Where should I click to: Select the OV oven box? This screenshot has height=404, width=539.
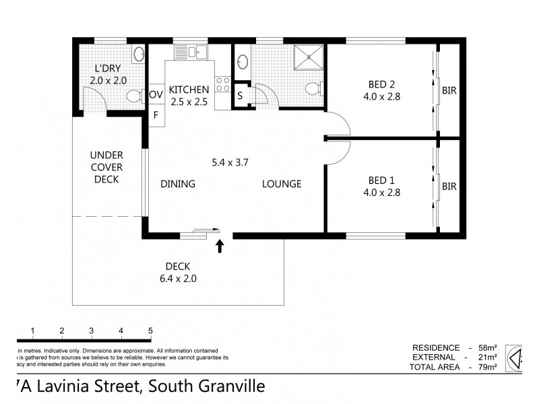pos(156,95)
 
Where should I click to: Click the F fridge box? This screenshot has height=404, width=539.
pos(156,114)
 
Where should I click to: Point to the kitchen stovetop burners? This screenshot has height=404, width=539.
pos(223,85)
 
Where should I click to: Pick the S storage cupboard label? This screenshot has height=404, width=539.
pos(240,96)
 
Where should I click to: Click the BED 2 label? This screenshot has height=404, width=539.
pos(381,85)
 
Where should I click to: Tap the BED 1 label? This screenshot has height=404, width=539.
pos(381,180)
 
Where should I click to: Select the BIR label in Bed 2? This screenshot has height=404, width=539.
pos(449,90)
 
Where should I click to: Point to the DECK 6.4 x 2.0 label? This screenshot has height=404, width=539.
pos(178,271)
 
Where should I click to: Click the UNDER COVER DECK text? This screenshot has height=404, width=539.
pos(106,167)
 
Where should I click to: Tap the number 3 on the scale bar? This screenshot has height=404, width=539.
pos(91,331)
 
